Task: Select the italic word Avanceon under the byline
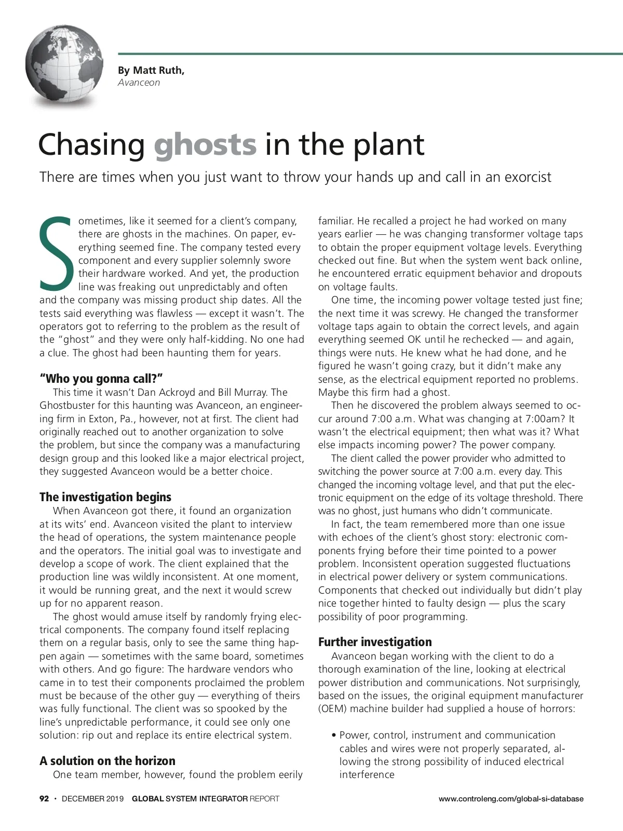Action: pos(139,83)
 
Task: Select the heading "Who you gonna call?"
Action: pos(98,379)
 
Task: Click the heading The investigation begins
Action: pos(105,497)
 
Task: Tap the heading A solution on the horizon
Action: pos(107,761)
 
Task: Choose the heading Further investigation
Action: pos(375,642)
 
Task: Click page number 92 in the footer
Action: pos(44,799)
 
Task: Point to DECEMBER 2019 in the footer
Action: pos(92,799)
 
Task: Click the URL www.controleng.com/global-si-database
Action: pos(511,799)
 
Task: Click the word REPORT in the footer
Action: pos(264,799)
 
